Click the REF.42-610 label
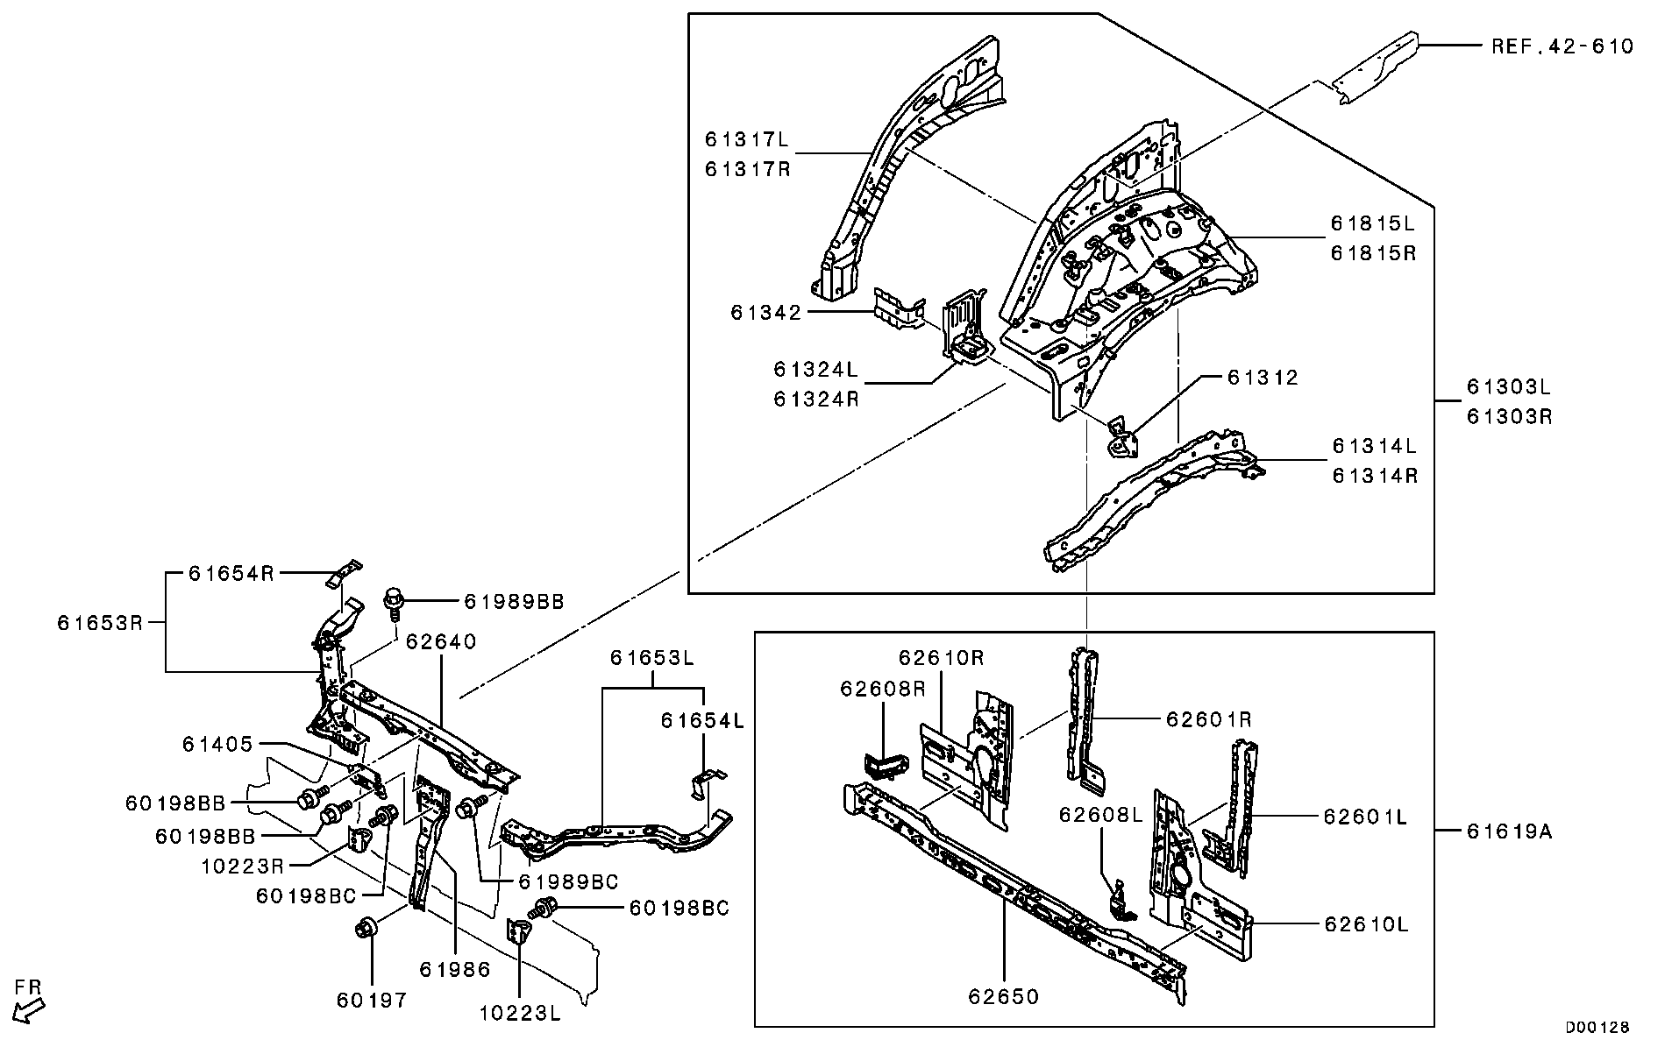1562,46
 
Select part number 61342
765,313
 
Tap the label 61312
1262,378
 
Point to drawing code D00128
1597,1026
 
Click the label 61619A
1509,831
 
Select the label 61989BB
513,602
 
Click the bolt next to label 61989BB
394,602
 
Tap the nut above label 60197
366,927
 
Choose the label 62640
441,641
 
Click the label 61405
217,744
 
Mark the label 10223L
520,1014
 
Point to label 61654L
702,720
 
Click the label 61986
454,969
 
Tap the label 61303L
1509,386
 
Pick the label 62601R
1208,719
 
